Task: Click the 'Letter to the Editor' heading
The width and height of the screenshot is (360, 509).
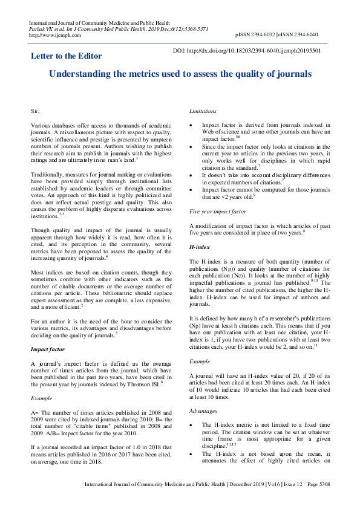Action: tap(66, 56)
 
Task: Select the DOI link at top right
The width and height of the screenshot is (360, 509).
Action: tap(247, 51)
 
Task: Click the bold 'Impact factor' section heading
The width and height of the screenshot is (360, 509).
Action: tap(50, 349)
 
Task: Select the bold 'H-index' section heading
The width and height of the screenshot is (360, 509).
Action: tap(200, 264)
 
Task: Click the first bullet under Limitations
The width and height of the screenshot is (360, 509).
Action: tap(192, 125)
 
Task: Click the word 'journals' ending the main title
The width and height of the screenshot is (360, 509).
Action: tap(293, 74)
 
